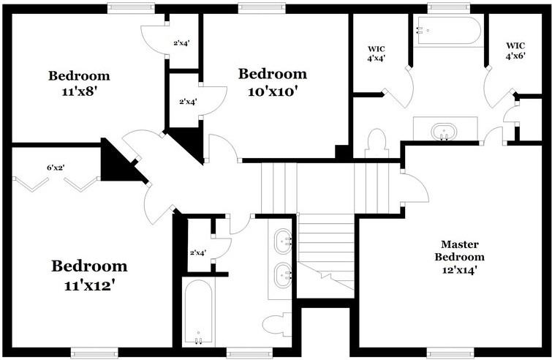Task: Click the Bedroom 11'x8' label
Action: click(79, 83)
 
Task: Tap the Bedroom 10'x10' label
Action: click(271, 82)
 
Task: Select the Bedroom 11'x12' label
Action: click(89, 274)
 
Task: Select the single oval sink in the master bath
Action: click(444, 133)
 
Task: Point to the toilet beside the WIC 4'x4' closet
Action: click(376, 143)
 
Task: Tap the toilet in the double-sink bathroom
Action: click(276, 324)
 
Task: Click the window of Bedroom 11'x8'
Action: click(130, 8)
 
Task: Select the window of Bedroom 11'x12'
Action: click(94, 352)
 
